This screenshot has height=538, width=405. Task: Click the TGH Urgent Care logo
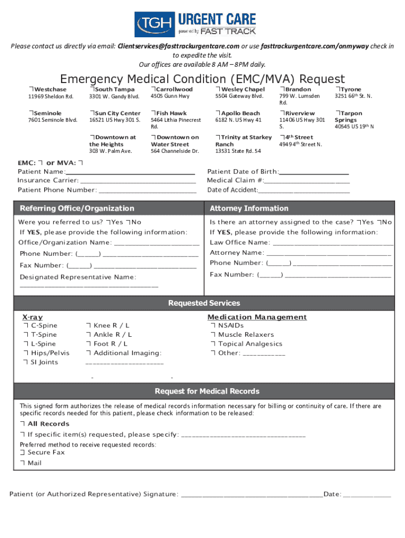coord(195,24)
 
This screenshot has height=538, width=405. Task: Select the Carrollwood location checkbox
coord(153,89)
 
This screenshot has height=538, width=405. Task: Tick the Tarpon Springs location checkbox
coord(338,113)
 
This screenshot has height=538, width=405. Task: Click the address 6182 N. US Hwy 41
coord(238,120)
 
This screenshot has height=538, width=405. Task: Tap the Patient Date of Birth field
coord(314,172)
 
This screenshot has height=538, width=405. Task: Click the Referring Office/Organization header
coord(77,209)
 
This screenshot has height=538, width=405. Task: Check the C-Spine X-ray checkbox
coord(25,326)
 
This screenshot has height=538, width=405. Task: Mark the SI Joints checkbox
coord(25,362)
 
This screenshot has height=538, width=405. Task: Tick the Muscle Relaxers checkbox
coord(213,335)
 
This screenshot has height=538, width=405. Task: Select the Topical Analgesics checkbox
coord(213,344)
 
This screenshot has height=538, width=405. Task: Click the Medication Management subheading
coord(257,317)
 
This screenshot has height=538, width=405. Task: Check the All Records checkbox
coord(23,424)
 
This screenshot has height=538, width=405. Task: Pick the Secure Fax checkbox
coord(23,452)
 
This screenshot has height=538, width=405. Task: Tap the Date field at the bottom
coord(367,494)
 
